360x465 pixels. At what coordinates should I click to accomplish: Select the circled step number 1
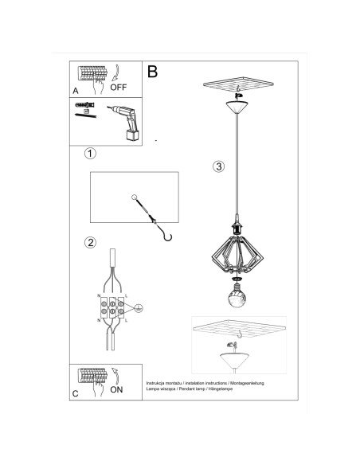pos(91,153)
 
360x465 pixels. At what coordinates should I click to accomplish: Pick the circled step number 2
pos(91,242)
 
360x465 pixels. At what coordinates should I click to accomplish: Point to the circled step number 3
pos(218,167)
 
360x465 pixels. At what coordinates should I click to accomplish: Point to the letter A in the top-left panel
pos(75,90)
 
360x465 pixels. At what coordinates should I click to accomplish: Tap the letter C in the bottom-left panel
pos(75,393)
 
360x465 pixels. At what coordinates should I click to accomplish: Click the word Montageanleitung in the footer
pos(244,384)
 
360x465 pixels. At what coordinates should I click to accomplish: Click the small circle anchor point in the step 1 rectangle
pos(135,197)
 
